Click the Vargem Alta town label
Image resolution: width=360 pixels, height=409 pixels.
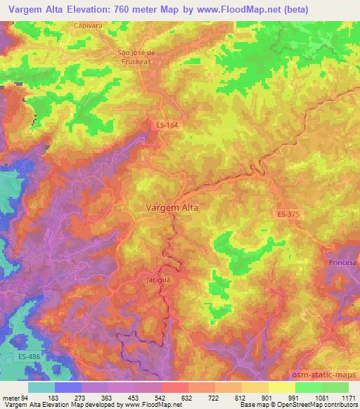point(172,208)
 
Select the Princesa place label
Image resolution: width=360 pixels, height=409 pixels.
point(342,262)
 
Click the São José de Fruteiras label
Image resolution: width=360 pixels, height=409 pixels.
point(139,56)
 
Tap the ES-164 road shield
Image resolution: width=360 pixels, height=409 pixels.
point(166,124)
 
